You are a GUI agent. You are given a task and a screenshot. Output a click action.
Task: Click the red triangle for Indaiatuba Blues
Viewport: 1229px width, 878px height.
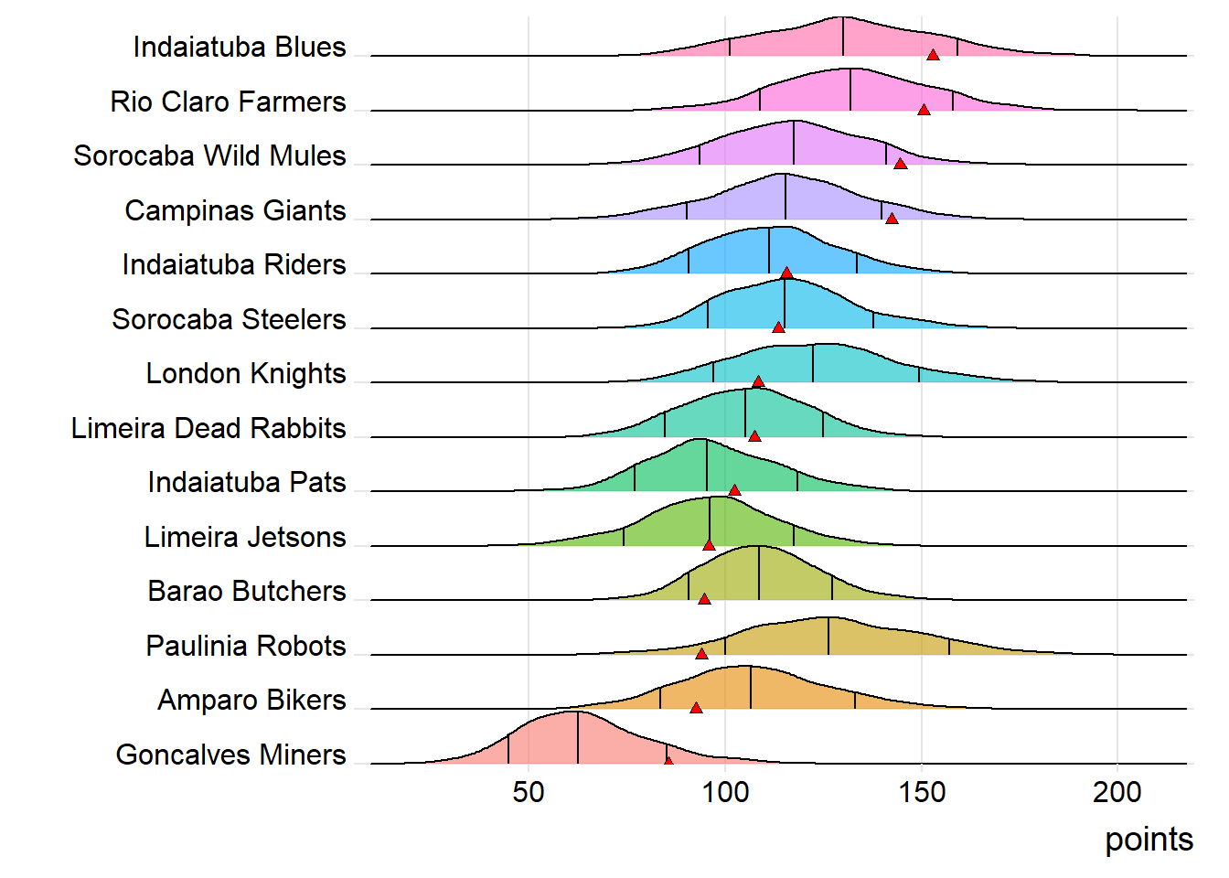(x=933, y=55)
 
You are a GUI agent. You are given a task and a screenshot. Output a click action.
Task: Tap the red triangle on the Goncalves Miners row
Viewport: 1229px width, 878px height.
(x=668, y=761)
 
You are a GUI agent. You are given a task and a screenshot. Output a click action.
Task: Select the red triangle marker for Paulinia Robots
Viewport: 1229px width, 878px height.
(x=701, y=653)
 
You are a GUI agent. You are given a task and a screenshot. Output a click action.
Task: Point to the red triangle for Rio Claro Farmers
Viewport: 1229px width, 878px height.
(x=924, y=110)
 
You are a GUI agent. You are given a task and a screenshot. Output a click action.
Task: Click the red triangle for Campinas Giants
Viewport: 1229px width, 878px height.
(x=892, y=218)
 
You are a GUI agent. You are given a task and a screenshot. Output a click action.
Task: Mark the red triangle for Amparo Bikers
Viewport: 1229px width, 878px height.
(x=696, y=708)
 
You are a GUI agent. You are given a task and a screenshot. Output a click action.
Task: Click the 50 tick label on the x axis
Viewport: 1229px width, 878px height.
(x=529, y=792)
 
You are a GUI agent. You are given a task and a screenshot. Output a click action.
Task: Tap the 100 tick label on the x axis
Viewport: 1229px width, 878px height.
(x=725, y=792)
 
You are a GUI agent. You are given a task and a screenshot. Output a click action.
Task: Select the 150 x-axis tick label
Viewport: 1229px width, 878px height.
(x=922, y=792)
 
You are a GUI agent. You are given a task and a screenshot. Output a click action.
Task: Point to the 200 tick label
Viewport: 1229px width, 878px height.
(x=1117, y=792)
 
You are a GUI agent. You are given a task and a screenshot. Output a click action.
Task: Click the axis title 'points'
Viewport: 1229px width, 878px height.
(x=1149, y=840)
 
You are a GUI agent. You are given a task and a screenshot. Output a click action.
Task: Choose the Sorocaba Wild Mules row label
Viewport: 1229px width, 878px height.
(x=209, y=156)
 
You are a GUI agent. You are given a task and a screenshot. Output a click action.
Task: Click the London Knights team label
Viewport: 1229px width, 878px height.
(x=246, y=374)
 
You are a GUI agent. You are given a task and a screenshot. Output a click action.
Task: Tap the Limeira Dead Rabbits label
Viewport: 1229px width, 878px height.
(x=208, y=428)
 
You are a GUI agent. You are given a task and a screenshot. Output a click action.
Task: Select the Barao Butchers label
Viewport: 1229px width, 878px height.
(x=247, y=592)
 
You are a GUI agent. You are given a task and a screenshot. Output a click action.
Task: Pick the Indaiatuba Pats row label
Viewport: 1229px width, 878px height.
(x=247, y=483)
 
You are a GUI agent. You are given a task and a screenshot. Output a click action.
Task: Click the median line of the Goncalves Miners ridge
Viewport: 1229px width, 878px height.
(x=578, y=739)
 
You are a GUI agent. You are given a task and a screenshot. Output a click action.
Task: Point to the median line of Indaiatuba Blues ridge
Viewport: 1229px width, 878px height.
(x=843, y=37)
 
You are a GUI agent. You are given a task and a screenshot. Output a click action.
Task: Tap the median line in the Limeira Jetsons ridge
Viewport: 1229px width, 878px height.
(x=710, y=521)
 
